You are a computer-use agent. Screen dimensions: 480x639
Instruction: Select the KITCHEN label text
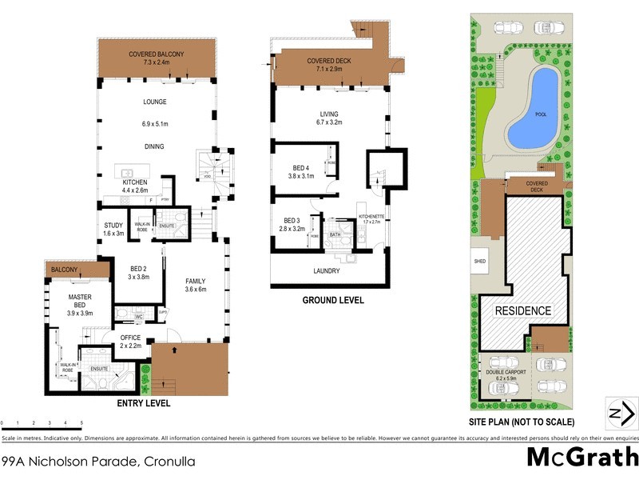[x=135, y=182]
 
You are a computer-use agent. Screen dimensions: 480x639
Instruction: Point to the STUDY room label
[x=114, y=225]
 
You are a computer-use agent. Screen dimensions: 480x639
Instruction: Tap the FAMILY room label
[x=196, y=281]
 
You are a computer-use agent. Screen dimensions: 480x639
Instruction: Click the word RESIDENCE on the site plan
[x=523, y=310]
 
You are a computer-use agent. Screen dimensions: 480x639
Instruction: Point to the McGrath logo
[x=581, y=457]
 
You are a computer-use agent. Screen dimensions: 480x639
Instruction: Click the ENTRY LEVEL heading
[x=144, y=404]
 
